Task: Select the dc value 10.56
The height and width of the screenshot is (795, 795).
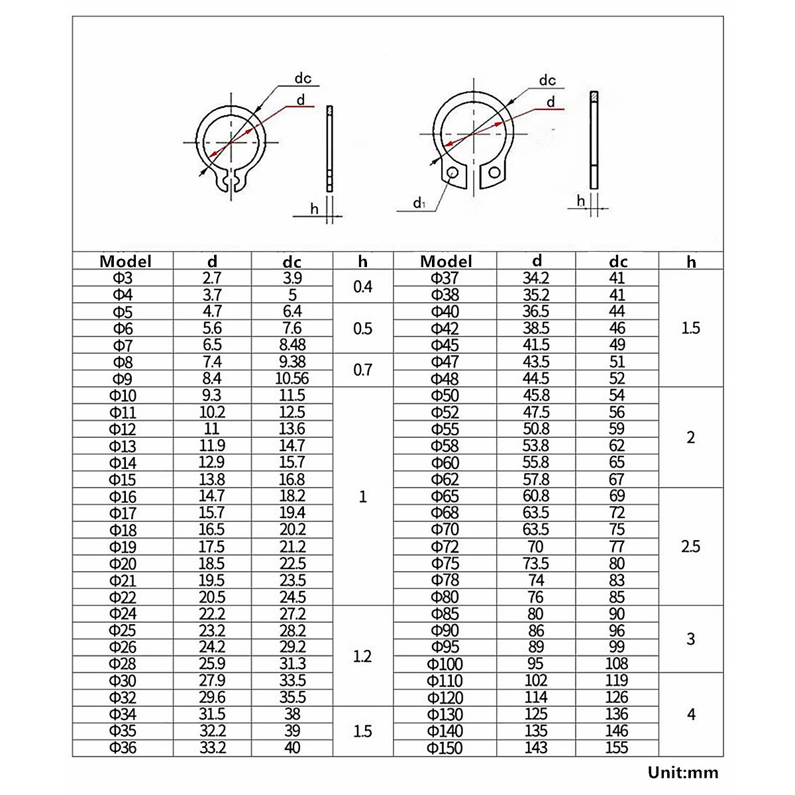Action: click(x=292, y=379)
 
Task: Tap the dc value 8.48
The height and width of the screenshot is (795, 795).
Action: click(x=292, y=345)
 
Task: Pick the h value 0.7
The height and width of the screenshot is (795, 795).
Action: click(x=362, y=370)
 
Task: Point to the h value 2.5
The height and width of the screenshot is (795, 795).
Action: click(x=690, y=547)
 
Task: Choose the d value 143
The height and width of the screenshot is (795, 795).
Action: click(x=536, y=748)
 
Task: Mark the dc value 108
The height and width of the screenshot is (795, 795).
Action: click(x=617, y=664)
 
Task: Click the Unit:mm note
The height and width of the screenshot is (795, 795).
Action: click(x=682, y=772)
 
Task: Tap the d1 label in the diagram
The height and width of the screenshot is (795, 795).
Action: click(x=419, y=203)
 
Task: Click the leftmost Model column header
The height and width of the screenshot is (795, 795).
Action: click(x=125, y=261)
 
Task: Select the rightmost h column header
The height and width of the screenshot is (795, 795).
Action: click(x=691, y=262)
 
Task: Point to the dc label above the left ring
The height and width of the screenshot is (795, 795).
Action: click(x=303, y=78)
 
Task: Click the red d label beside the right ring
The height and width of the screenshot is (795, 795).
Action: click(x=551, y=102)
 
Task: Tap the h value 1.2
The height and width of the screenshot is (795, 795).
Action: click(x=362, y=656)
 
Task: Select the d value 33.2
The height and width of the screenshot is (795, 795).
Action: click(x=212, y=748)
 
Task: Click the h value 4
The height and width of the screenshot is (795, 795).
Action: click(x=691, y=714)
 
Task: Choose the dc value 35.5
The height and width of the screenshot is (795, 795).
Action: click(x=292, y=698)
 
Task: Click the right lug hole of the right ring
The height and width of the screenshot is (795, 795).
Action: click(x=494, y=174)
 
